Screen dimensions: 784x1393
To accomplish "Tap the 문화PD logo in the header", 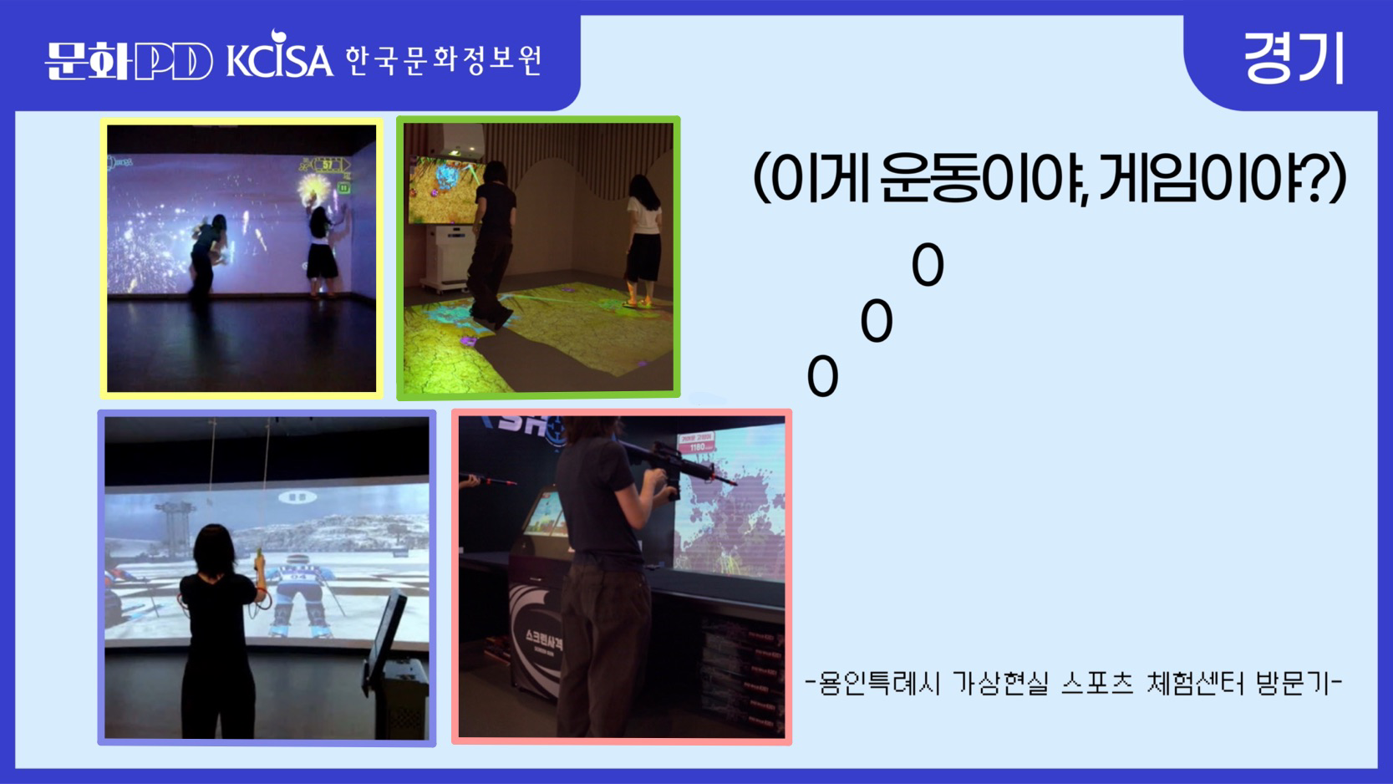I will (129, 60).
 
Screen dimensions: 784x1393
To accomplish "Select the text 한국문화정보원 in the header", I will (444, 60).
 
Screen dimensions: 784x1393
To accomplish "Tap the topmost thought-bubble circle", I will (928, 265).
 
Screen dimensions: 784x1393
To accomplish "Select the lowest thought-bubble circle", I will (822, 377).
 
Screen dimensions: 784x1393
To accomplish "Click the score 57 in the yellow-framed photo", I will (328, 165).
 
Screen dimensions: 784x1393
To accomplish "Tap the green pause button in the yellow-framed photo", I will (344, 188).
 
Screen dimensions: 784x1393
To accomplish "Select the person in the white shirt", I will (643, 238).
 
